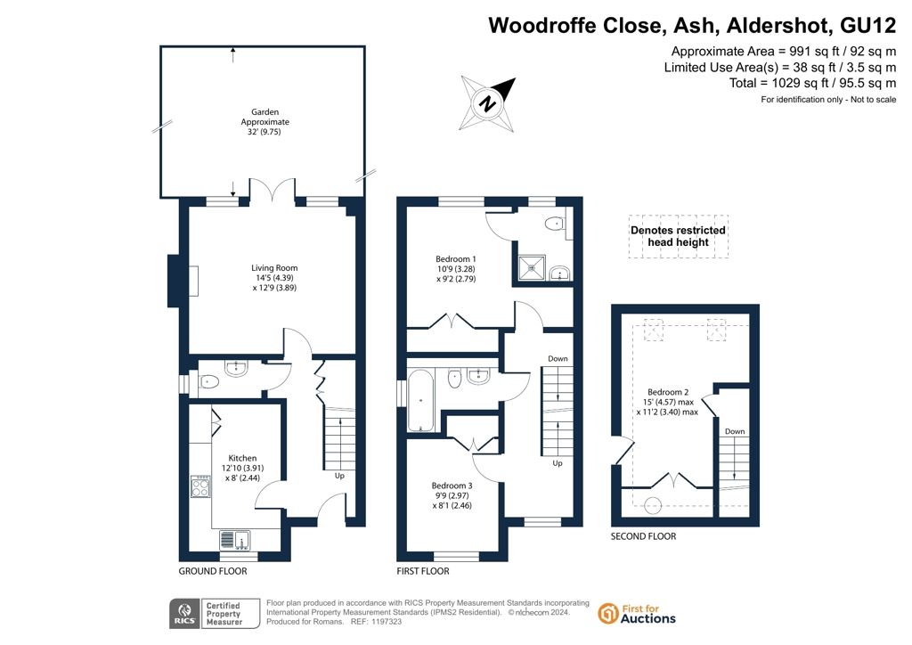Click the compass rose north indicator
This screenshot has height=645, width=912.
488,103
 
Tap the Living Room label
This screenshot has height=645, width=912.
274,277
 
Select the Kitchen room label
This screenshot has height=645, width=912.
242,468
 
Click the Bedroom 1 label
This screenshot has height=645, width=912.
456,269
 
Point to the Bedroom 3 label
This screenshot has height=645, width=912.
452,495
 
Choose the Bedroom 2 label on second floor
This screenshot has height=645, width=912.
668,402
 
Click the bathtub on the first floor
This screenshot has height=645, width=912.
420,400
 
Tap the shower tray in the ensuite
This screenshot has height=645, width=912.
532,267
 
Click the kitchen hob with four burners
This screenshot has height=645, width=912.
200,486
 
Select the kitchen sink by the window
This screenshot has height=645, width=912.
235,540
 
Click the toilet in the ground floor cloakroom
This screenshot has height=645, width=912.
208,382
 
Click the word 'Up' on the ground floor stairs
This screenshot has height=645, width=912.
339,476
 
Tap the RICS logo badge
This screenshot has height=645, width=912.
184,614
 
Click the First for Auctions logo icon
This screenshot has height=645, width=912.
607,614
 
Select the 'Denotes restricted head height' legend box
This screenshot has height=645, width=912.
678,236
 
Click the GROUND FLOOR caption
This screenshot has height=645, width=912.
213,571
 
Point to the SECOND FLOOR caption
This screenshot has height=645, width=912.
643,536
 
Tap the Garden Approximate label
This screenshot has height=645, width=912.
265,121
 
